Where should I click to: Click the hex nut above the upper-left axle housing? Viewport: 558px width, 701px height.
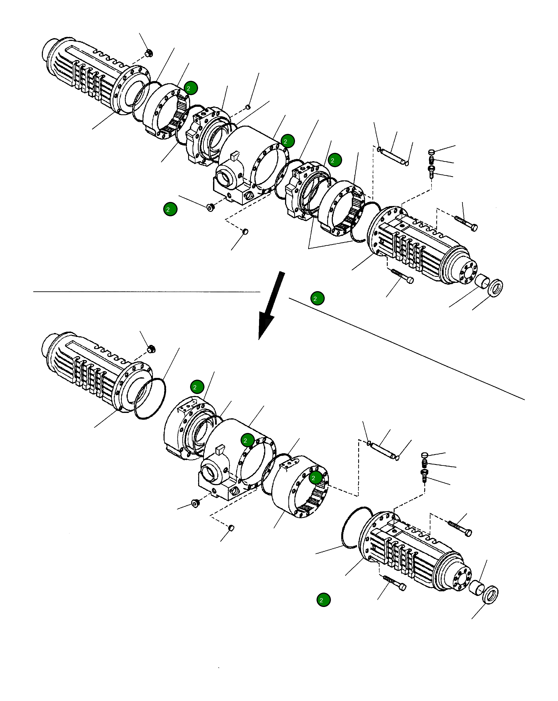(x=149, y=53)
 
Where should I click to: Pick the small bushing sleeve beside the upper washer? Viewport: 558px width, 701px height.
(x=482, y=281)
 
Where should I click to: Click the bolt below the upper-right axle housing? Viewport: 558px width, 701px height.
(x=402, y=276)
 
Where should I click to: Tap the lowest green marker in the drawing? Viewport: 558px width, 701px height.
(x=323, y=600)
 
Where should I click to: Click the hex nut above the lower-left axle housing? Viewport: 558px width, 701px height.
(x=151, y=349)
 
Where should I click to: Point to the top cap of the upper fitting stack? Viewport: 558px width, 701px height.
(x=432, y=152)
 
